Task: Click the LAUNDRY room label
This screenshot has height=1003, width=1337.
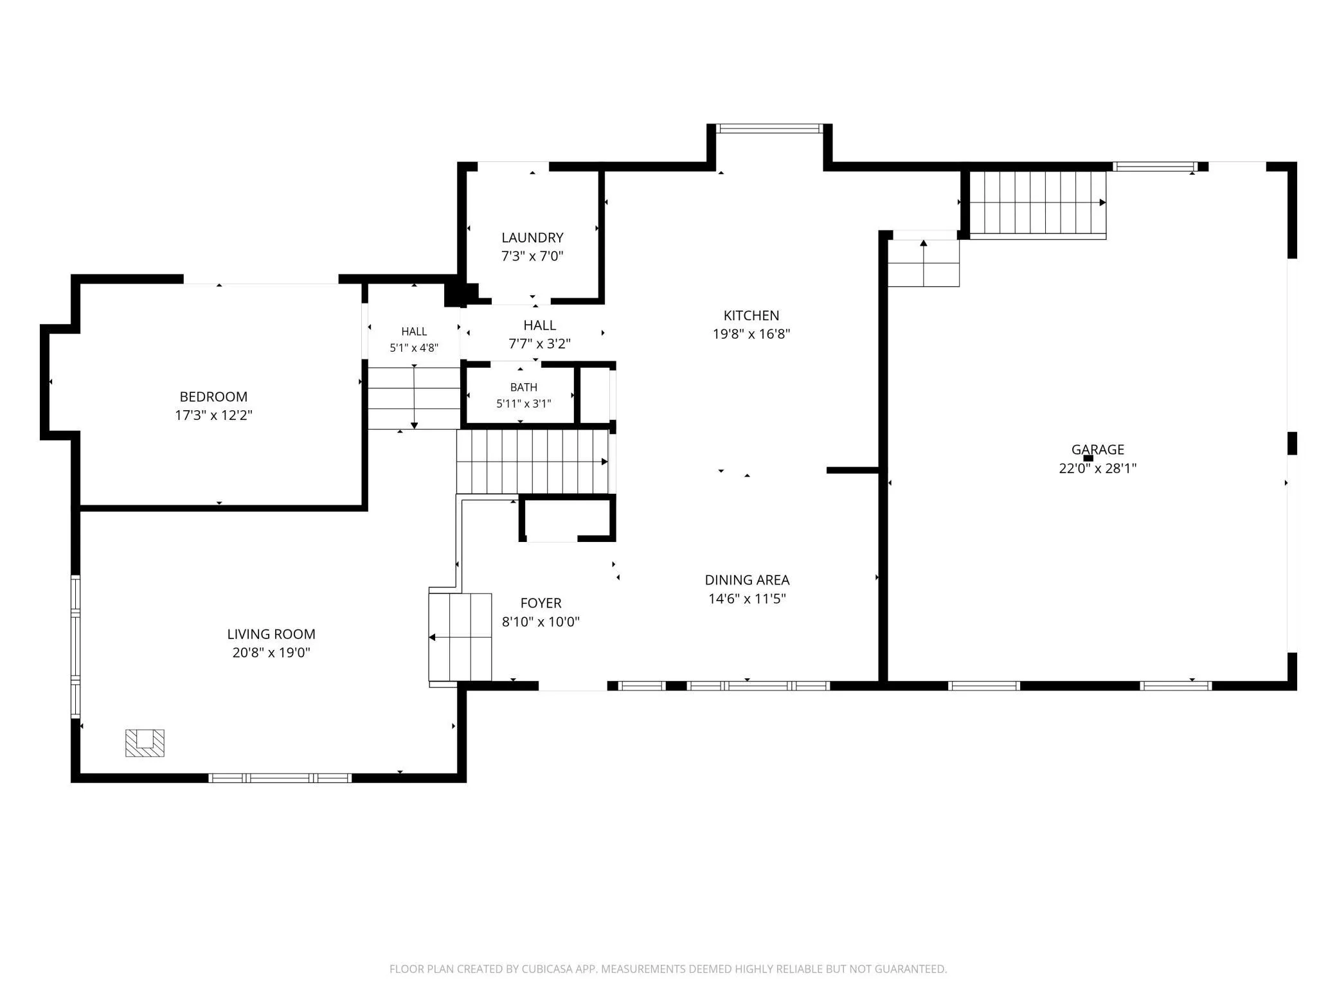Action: (532, 238)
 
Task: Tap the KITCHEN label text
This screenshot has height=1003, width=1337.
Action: (751, 316)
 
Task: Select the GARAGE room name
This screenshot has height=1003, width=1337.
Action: (1097, 450)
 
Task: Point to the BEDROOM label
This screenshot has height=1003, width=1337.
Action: (213, 397)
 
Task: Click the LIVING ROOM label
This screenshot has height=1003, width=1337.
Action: (271, 634)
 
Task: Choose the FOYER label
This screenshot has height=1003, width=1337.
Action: (541, 603)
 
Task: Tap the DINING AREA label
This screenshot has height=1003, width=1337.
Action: (747, 580)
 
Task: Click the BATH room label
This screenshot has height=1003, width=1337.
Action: (524, 388)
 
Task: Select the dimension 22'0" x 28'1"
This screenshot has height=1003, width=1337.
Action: (1097, 469)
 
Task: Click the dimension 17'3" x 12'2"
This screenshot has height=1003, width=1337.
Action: (213, 415)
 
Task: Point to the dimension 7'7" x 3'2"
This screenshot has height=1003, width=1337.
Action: (539, 344)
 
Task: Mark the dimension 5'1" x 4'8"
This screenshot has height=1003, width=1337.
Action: (414, 348)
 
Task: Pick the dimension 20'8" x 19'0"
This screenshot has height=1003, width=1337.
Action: (271, 653)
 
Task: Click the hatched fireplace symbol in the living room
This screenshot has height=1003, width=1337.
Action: (145, 743)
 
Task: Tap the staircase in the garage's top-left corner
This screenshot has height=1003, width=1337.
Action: (1037, 204)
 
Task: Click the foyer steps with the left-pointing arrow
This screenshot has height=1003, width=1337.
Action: (460, 637)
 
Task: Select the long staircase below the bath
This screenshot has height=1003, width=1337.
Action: (532, 462)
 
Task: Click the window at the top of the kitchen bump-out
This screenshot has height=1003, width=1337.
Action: (769, 129)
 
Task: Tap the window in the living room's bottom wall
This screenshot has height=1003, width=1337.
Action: (280, 778)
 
